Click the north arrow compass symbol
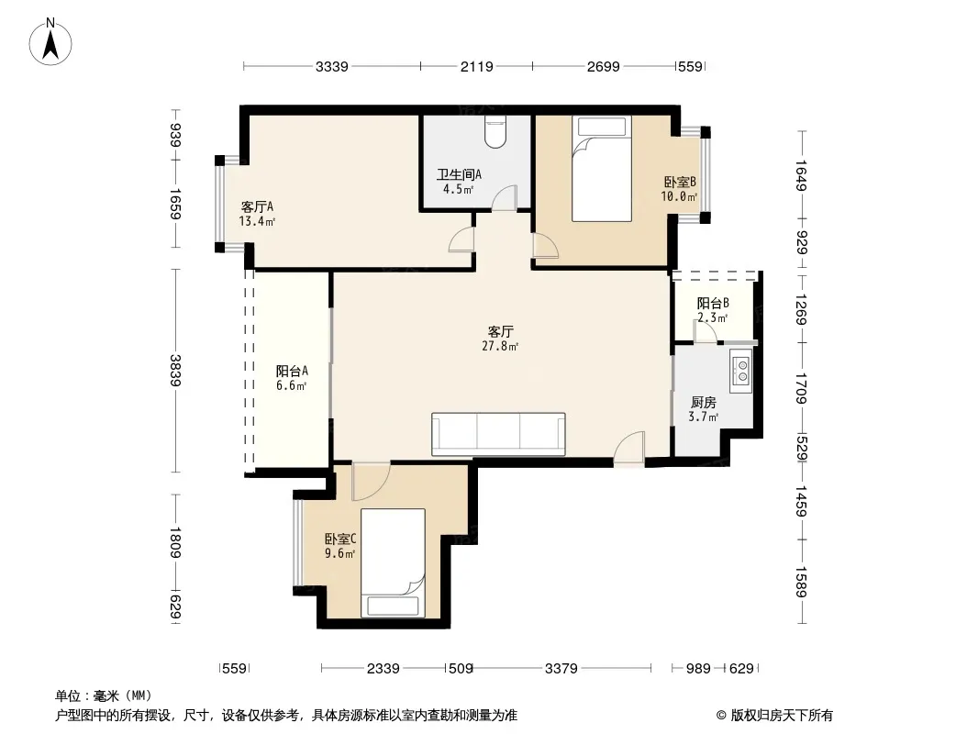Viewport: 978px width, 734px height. click(x=50, y=42)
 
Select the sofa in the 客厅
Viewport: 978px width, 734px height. click(x=498, y=433)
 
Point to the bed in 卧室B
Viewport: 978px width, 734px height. click(x=601, y=169)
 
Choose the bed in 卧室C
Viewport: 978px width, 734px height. click(x=393, y=563)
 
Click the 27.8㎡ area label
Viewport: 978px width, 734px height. click(x=500, y=346)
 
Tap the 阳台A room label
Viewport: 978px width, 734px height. click(x=292, y=371)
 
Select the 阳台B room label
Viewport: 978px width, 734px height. click(x=713, y=304)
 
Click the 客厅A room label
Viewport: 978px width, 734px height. click(x=257, y=207)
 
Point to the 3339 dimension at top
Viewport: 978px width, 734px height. click(x=332, y=66)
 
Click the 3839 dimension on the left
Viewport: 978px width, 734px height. click(x=175, y=371)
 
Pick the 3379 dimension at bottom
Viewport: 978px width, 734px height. click(x=561, y=669)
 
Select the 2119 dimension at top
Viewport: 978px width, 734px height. click(x=477, y=66)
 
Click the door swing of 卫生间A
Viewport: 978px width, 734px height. click(x=504, y=197)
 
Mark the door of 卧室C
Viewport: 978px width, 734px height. click(x=372, y=482)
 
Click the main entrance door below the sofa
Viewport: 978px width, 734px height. click(x=629, y=448)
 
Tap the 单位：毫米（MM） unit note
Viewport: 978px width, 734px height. click(x=104, y=696)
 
